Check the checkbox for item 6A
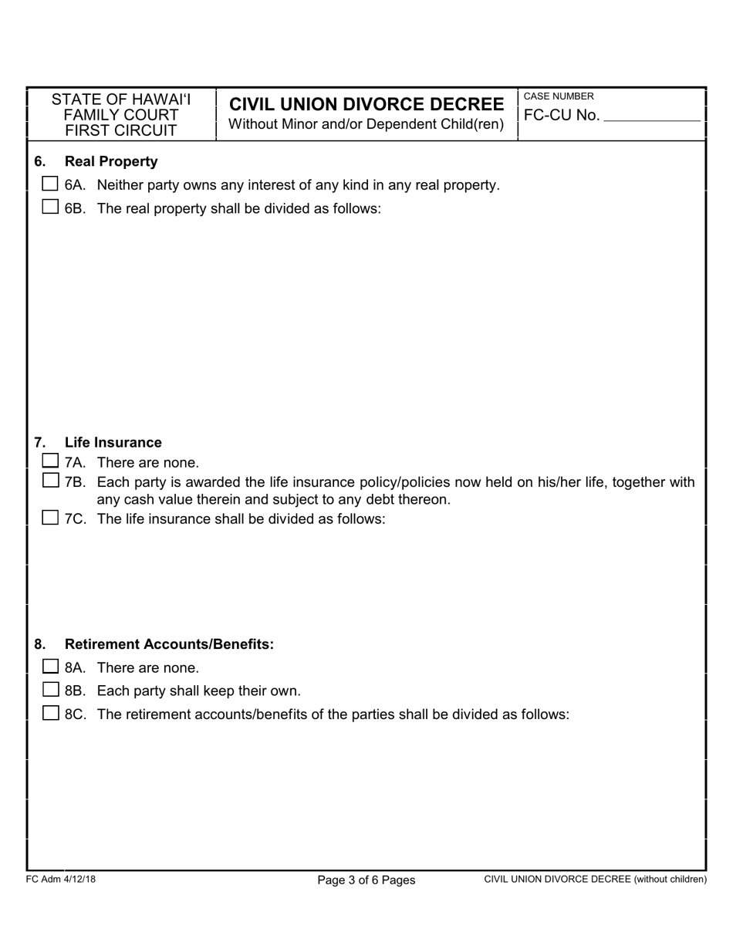(50, 184)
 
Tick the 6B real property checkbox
(50, 207)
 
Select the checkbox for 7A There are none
(50, 461)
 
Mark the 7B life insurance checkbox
(50, 481)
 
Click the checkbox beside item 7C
(50, 518)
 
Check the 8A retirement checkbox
(50, 667)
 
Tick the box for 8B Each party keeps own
(50, 690)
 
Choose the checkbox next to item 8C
(50, 713)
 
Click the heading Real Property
(111, 161)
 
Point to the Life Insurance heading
(113, 442)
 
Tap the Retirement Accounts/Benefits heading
(169, 644)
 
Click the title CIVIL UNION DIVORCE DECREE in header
(366, 104)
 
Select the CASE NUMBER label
(559, 96)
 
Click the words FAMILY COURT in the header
(121, 115)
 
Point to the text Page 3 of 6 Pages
(366, 880)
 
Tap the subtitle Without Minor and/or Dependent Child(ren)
(366, 124)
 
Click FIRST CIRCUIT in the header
(121, 130)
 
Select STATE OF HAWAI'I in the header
(121, 100)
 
